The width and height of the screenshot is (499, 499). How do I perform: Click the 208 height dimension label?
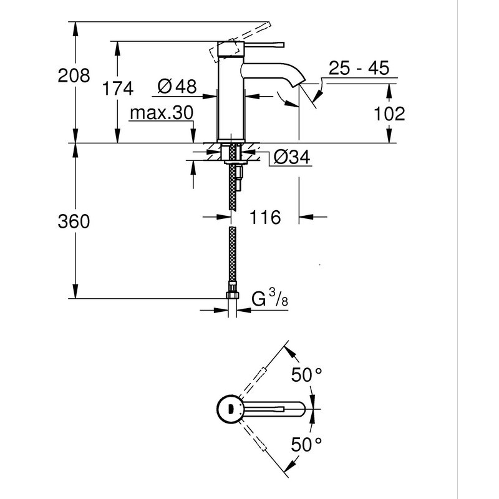pos(74,76)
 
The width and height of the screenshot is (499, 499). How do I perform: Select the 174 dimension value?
pos(118,89)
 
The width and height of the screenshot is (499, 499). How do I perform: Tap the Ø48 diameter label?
pos(177,87)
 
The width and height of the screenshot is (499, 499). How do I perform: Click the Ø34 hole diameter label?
pos(292,158)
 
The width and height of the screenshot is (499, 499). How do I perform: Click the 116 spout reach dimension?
pos(265,218)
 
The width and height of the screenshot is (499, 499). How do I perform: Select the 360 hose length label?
pos(74,221)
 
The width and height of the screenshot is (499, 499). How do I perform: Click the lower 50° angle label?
pos(307,444)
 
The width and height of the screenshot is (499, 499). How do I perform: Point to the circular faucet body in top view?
pos(230,409)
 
